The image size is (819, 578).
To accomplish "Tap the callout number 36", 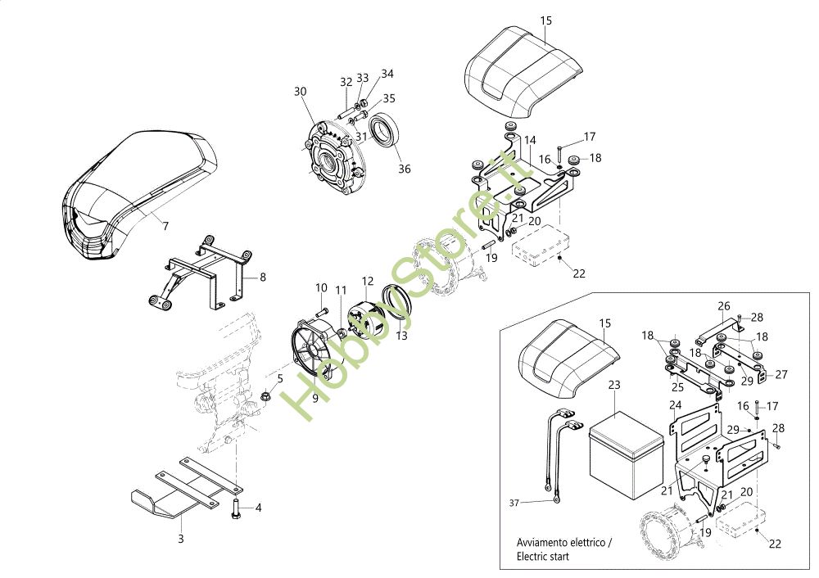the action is [404, 169].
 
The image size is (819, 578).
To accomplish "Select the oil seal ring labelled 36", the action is [384, 131].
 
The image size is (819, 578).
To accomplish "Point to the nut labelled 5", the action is [266, 397].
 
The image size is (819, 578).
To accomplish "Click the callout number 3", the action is [181, 539].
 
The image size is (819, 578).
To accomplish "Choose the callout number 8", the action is [263, 277].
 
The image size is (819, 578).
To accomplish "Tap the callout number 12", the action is [368, 281].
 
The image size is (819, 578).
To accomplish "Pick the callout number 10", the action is [321, 288].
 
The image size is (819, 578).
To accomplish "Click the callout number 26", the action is [723, 306].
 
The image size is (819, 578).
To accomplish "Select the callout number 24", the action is [675, 404].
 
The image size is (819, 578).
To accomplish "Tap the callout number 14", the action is [530, 140].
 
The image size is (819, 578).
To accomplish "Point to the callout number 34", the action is [387, 74].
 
